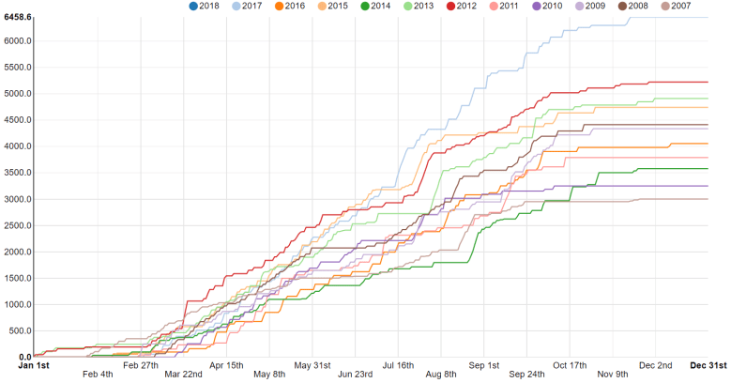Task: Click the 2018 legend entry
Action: [x=203, y=6]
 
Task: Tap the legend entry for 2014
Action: [x=374, y=6]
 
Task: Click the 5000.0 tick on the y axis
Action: [x=18, y=94]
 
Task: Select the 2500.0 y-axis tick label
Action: [x=18, y=225]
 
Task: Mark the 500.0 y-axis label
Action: [x=20, y=330]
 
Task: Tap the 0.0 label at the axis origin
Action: [x=24, y=357]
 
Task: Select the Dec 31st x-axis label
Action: [x=709, y=364]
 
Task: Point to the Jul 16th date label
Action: [x=399, y=364]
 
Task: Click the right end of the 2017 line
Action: [x=708, y=17]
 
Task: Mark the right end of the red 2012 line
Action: [x=708, y=82]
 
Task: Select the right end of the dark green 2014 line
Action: [x=708, y=169]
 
